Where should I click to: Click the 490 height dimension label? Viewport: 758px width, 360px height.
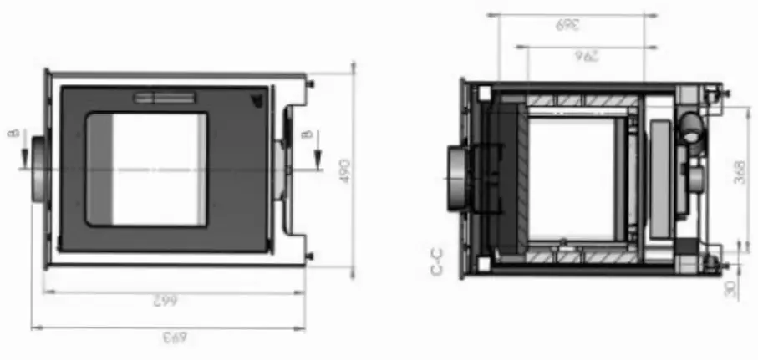[345, 170]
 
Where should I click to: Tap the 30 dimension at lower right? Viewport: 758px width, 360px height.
[730, 288]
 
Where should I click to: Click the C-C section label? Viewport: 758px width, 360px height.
[435, 261]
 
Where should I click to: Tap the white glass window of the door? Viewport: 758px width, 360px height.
[158, 169]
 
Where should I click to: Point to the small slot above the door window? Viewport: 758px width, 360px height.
[165, 98]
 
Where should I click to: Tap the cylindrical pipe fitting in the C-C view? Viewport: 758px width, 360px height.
[692, 128]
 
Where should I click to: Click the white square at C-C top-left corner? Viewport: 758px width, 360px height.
[483, 95]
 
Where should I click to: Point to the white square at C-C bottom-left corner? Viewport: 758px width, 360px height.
[483, 265]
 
